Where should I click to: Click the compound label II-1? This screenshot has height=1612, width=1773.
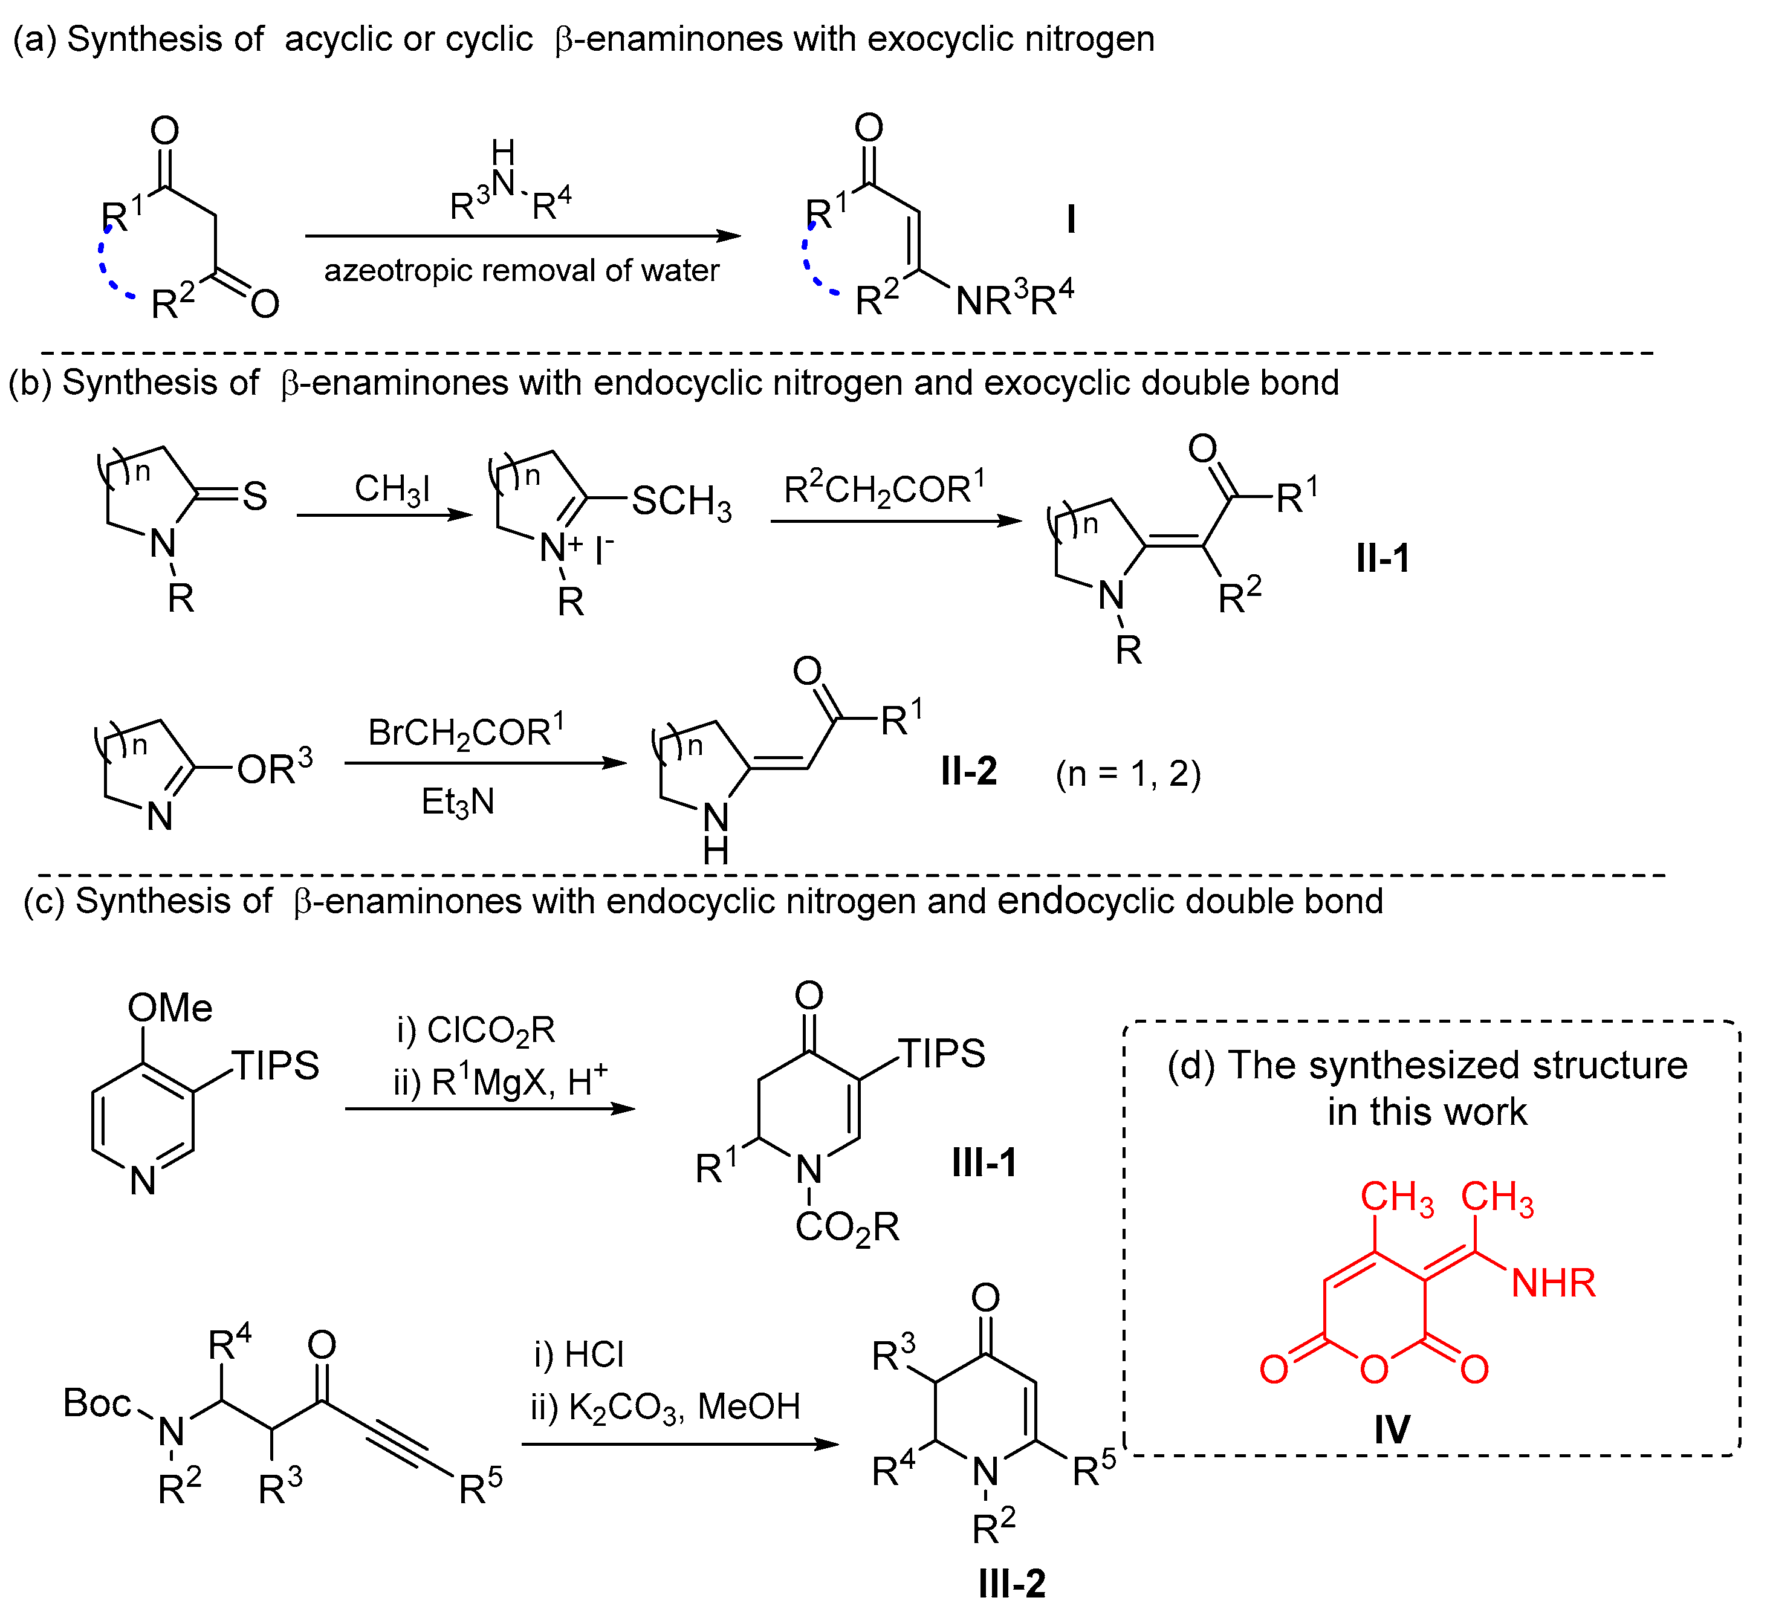click(1382, 559)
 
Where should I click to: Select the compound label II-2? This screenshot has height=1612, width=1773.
click(968, 771)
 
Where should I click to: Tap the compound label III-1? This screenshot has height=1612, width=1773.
click(984, 1162)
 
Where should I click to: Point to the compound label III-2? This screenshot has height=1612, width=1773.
click(1011, 1583)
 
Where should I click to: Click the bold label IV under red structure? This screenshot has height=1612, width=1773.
click(1392, 1429)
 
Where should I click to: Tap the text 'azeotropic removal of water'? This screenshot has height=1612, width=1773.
click(522, 270)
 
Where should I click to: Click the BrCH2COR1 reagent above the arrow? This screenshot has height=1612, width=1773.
click(466, 731)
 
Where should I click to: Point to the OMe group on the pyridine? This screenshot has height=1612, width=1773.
click(170, 1008)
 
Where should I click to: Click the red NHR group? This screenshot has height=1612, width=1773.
click(1552, 1283)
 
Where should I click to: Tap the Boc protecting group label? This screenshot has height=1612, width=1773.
click(97, 1403)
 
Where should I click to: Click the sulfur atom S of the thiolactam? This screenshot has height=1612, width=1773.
click(254, 496)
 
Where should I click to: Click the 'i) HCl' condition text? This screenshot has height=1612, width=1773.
click(579, 1353)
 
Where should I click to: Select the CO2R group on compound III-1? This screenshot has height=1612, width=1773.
click(846, 1228)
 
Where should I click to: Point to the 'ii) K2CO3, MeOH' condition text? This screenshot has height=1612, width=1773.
click(665, 1407)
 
